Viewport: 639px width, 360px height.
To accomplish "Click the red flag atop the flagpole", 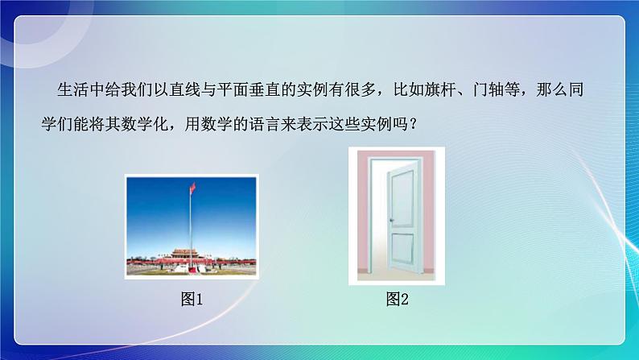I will [193, 189].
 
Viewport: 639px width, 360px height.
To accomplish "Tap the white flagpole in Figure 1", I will [191, 226].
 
